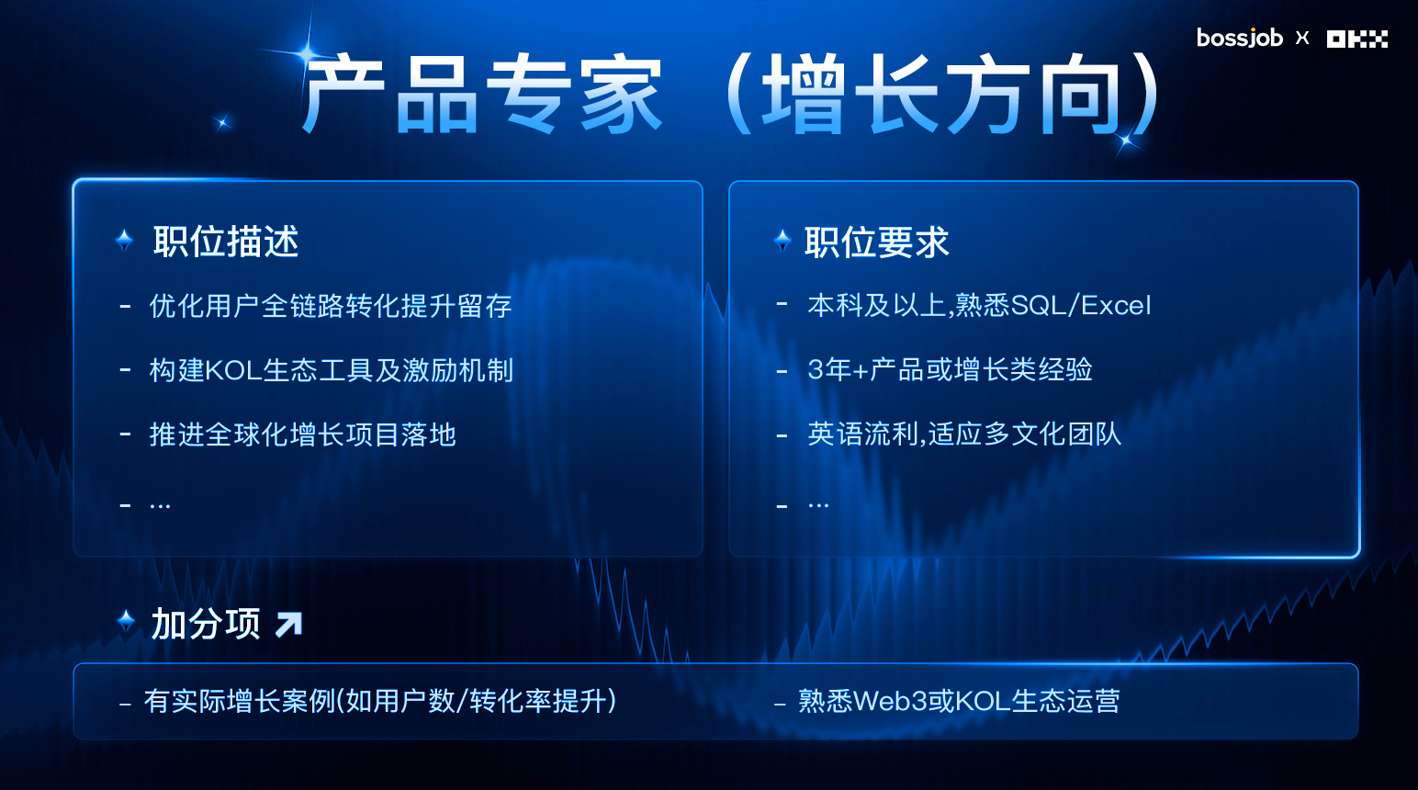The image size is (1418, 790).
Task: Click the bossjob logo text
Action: pyautogui.click(x=1240, y=38)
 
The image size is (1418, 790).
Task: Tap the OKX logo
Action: pyautogui.click(x=1357, y=39)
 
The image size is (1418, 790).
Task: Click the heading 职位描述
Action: pyautogui.click(x=225, y=242)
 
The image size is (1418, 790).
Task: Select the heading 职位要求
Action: pyautogui.click(x=877, y=242)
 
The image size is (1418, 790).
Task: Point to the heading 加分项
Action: pyautogui.click(x=206, y=624)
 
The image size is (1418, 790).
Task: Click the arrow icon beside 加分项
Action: pyautogui.click(x=288, y=624)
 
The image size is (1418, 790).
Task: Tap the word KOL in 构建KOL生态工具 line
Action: pyautogui.click(x=233, y=370)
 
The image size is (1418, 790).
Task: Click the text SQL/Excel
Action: pyautogui.click(x=1081, y=306)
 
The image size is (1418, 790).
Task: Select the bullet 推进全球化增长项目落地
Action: pyautogui.click(x=302, y=434)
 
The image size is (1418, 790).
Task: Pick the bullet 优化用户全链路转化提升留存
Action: pyautogui.click(x=331, y=306)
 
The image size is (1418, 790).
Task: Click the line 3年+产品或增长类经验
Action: pyautogui.click(x=950, y=369)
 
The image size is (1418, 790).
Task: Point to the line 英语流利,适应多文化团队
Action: pyautogui.click(x=964, y=434)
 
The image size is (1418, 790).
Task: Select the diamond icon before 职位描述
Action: pyautogui.click(x=125, y=241)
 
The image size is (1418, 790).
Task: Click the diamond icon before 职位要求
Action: pyautogui.click(x=782, y=240)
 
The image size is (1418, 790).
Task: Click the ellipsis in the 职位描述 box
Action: pyautogui.click(x=160, y=506)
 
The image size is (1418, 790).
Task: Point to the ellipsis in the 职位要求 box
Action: pyautogui.click(x=818, y=506)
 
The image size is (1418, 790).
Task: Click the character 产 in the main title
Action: pyautogui.click(x=343, y=93)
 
